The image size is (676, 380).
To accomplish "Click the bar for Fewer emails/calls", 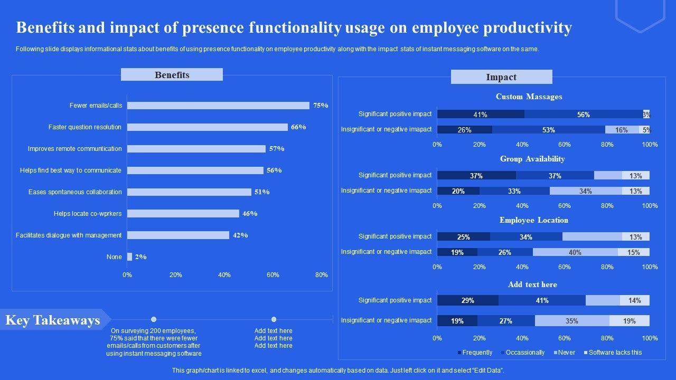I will tap(218, 106).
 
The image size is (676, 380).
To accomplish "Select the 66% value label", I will tap(298, 127).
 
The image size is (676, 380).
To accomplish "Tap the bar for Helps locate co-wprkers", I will tap(183, 214).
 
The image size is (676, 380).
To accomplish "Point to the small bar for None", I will tap(129, 257).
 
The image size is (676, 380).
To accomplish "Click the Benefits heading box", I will tap(172, 75).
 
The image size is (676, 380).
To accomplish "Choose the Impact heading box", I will tap(501, 77).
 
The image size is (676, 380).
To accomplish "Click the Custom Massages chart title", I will tap(529, 97).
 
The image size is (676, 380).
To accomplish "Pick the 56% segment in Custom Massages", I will tap(583, 115).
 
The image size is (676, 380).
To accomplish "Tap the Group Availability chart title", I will tap(532, 159).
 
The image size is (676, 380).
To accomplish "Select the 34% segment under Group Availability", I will tap(585, 191).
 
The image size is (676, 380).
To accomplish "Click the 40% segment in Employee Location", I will tap(575, 252).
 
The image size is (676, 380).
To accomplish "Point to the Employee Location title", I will tap(533, 220).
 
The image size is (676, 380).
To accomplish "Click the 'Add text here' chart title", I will tap(532, 284).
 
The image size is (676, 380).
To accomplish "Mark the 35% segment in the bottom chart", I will tap(571, 321).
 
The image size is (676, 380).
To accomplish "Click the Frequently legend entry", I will tap(477, 353).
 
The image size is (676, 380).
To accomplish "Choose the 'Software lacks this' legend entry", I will tap(615, 353).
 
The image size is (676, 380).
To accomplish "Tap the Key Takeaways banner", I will tap(53, 320).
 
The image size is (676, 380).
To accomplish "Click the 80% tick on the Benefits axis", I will tap(321, 275).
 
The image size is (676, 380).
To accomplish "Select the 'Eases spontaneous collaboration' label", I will tap(75, 192).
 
